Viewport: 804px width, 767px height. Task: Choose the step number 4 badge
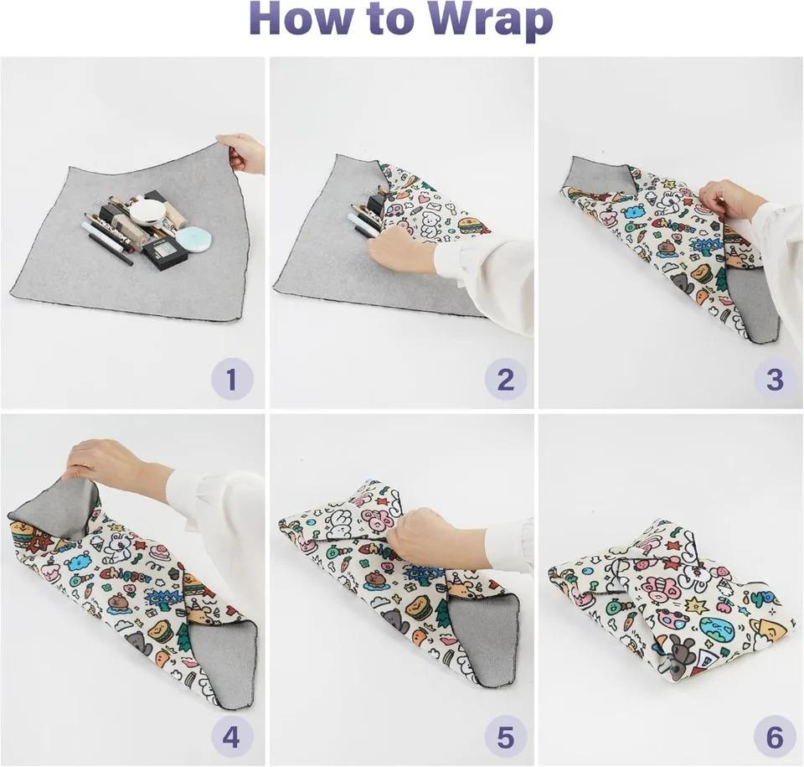click(x=232, y=738)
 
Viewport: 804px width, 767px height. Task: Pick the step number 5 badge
click(x=505, y=738)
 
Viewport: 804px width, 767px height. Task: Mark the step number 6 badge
click(x=774, y=738)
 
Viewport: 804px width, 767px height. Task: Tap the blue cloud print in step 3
click(x=633, y=212)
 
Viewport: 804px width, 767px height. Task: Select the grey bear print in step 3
click(x=683, y=283)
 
